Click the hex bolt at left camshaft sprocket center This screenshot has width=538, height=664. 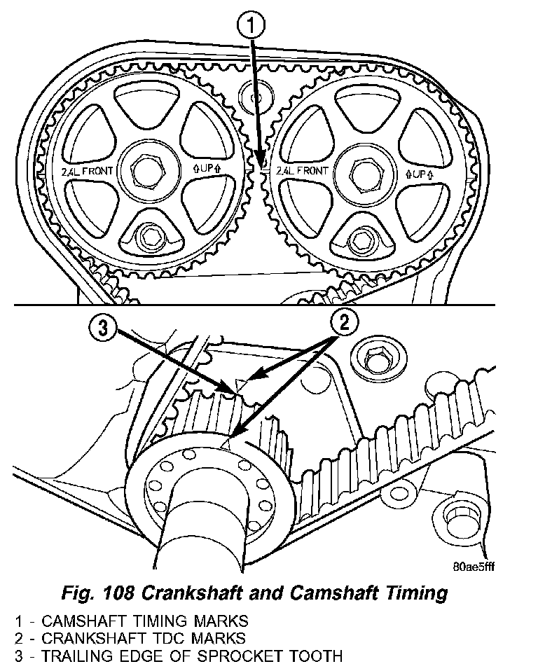(149, 169)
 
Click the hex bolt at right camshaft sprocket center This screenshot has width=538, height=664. (363, 170)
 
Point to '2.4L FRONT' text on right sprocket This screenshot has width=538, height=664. (303, 170)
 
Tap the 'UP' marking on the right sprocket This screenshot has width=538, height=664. (419, 172)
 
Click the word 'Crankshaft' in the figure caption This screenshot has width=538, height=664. (210, 594)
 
